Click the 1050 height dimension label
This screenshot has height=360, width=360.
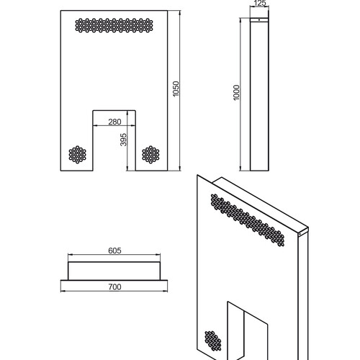click(x=176, y=89)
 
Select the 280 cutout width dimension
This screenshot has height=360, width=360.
click(x=114, y=122)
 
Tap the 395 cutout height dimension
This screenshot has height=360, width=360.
click(x=123, y=140)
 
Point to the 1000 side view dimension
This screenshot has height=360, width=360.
click(x=236, y=93)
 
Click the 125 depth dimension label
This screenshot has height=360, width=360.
click(x=259, y=3)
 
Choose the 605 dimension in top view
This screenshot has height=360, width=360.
click(x=114, y=251)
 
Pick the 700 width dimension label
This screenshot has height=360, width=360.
click(x=114, y=287)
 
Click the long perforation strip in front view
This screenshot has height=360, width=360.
click(x=114, y=25)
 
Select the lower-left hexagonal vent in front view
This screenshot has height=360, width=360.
click(x=77, y=155)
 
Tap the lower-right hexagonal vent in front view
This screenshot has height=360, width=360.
click(x=150, y=155)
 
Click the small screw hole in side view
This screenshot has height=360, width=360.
click(x=259, y=20)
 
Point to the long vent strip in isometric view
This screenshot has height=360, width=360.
click(x=248, y=220)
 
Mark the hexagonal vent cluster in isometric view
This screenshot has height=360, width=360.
click(x=213, y=341)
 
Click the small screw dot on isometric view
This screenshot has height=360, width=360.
click(x=300, y=234)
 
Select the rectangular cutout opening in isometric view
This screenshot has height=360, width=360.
click(x=248, y=331)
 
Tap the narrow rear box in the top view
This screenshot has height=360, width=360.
click(x=114, y=271)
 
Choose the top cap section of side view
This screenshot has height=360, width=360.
click(x=259, y=20)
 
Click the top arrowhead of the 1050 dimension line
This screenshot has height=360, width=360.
click(x=179, y=12)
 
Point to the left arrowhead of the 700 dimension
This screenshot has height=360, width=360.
click(x=63, y=291)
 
